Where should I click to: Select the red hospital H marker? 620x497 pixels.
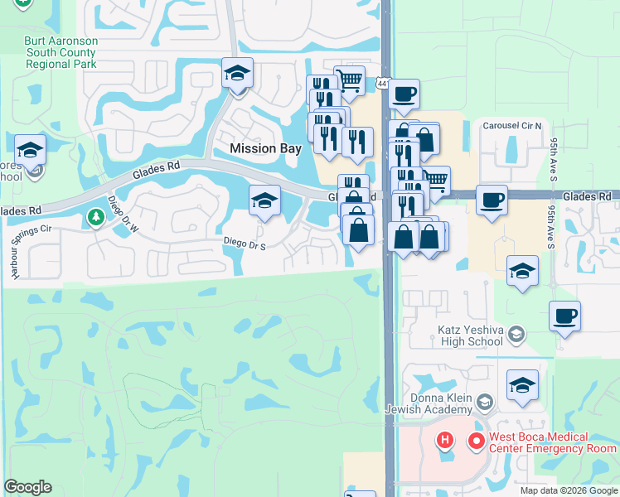(446, 440)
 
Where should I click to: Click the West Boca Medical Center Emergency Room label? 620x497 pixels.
(550, 442)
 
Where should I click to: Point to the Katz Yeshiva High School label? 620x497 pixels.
(470, 335)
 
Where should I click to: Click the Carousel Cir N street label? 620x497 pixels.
(512, 126)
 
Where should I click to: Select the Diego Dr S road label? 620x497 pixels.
(245, 244)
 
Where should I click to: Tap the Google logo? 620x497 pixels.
(27, 487)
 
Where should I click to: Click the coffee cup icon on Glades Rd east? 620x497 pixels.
(492, 200)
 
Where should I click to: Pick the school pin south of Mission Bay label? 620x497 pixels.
(264, 200)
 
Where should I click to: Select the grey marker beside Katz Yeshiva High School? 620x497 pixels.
(516, 334)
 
